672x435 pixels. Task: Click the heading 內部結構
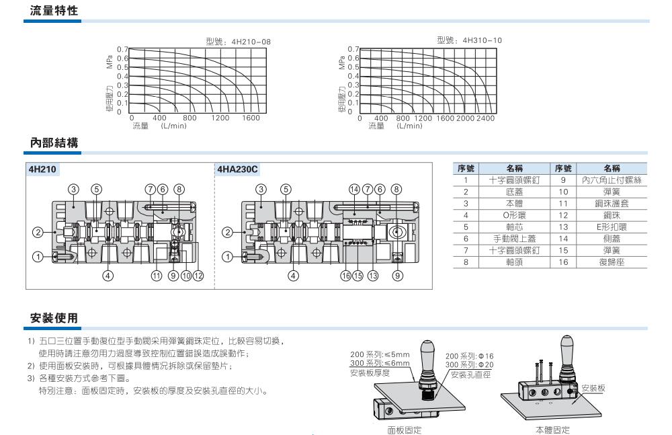(54, 143)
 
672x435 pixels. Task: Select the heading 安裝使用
(54, 316)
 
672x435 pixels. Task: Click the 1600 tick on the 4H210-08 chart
(250, 118)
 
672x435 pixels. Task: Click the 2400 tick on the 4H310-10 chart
(485, 118)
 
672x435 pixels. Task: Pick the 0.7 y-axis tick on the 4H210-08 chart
(122, 49)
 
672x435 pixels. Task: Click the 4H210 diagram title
(41, 169)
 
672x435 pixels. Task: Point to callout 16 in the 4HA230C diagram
(345, 274)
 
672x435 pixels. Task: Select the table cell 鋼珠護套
(611, 202)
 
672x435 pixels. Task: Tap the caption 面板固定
(400, 430)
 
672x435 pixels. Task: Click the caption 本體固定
(552, 430)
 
